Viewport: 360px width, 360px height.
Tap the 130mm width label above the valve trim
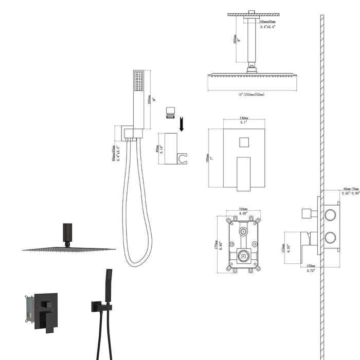[x=244, y=117]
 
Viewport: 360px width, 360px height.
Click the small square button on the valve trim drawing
[x=244, y=142]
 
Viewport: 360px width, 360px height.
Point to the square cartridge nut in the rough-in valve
[x=244, y=255]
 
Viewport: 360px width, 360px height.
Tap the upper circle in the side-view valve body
[x=330, y=214]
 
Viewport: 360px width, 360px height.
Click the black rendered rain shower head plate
[x=69, y=249]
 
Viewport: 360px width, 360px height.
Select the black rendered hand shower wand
[x=108, y=285]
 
